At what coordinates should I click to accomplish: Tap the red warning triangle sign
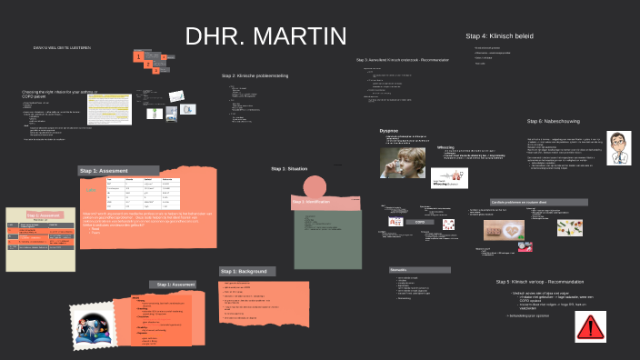591,326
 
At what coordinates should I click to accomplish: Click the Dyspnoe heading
389,131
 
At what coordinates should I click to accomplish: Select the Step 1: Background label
245,271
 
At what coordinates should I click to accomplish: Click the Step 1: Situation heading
289,168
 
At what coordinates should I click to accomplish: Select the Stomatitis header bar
419,270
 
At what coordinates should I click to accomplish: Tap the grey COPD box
420,221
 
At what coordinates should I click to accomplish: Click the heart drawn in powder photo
505,229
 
